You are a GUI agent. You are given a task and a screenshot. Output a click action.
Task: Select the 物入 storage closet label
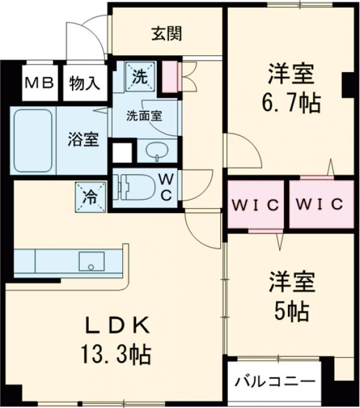pyautogui.click(x=85, y=83)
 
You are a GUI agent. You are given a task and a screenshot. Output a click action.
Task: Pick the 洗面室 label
pyautogui.click(x=144, y=115)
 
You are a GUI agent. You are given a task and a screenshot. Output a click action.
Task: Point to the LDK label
pyautogui.click(x=117, y=327)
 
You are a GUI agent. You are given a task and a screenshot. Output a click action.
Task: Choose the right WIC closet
pyautogui.click(x=320, y=204)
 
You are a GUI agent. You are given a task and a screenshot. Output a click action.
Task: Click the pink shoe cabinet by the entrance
pyautogui.click(x=170, y=76)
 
